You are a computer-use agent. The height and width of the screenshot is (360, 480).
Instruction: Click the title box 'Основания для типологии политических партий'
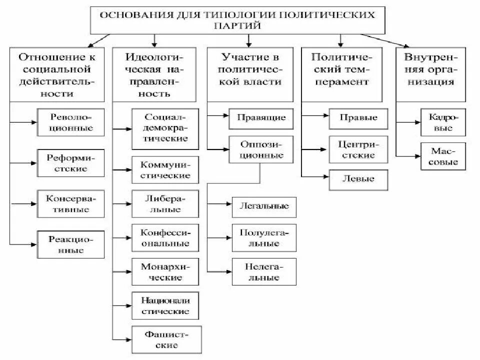click(x=237, y=20)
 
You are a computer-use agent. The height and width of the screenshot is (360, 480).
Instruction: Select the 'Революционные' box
click(x=71, y=122)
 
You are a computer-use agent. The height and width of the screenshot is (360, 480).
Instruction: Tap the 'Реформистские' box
click(x=71, y=163)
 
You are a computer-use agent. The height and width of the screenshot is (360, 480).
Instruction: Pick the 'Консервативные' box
click(x=71, y=203)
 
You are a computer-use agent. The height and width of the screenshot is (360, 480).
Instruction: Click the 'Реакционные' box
click(x=71, y=244)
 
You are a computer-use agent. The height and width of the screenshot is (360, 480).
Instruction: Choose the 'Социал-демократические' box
click(x=165, y=128)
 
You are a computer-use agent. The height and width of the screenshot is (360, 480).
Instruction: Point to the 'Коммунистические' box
click(x=165, y=169)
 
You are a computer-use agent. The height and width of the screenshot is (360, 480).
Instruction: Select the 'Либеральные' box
click(x=165, y=203)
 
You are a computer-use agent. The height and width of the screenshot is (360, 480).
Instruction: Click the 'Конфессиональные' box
click(x=165, y=237)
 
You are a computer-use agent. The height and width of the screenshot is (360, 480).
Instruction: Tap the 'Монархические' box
click(x=165, y=271)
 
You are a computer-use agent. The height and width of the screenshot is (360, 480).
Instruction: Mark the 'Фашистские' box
click(x=167, y=339)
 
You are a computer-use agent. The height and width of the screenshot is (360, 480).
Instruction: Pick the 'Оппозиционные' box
click(x=261, y=149)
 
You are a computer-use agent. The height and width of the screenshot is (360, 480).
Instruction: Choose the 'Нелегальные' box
click(x=264, y=271)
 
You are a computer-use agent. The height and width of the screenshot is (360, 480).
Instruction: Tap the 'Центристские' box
click(x=358, y=149)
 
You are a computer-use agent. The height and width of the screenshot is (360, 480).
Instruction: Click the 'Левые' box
click(x=358, y=179)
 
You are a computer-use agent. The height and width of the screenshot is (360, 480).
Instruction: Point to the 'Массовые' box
click(x=442, y=156)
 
